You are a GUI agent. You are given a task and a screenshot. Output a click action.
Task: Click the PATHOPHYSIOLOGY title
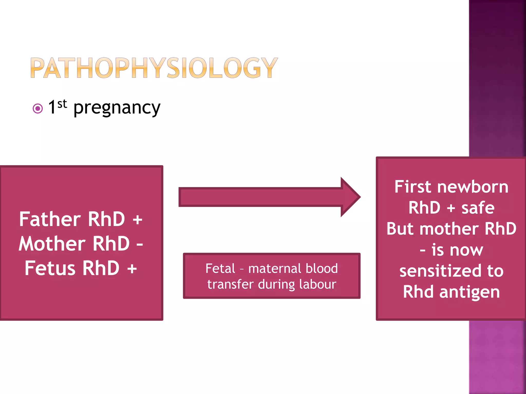coord(154,68)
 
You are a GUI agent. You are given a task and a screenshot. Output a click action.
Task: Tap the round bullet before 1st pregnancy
coord(38,109)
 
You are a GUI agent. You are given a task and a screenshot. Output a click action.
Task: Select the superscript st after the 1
coord(62,104)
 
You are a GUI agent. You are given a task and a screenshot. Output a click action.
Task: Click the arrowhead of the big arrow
coord(350,197)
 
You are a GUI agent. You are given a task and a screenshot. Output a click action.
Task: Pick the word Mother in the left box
coord(52,244)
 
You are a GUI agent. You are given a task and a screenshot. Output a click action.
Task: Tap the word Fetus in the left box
coord(50,268)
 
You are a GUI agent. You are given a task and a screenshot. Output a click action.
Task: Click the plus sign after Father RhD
coord(137,220)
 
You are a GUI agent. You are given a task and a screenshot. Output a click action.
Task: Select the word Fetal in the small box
coord(220,269)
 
